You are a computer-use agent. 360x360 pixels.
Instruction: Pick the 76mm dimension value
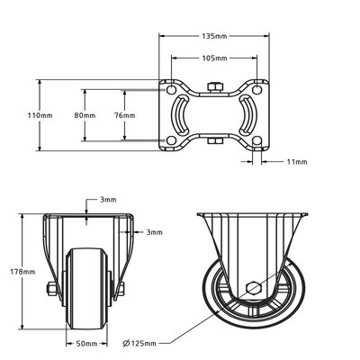(125, 116)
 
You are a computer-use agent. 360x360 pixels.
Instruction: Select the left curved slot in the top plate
(181, 115)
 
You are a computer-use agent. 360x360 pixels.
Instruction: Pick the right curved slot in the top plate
(246, 115)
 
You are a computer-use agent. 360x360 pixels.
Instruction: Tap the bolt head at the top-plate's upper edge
(213, 86)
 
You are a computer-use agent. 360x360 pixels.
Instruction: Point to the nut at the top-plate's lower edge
(213, 141)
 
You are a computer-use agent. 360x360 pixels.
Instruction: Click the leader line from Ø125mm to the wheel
(202, 317)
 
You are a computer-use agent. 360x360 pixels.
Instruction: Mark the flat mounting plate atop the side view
(254, 215)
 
